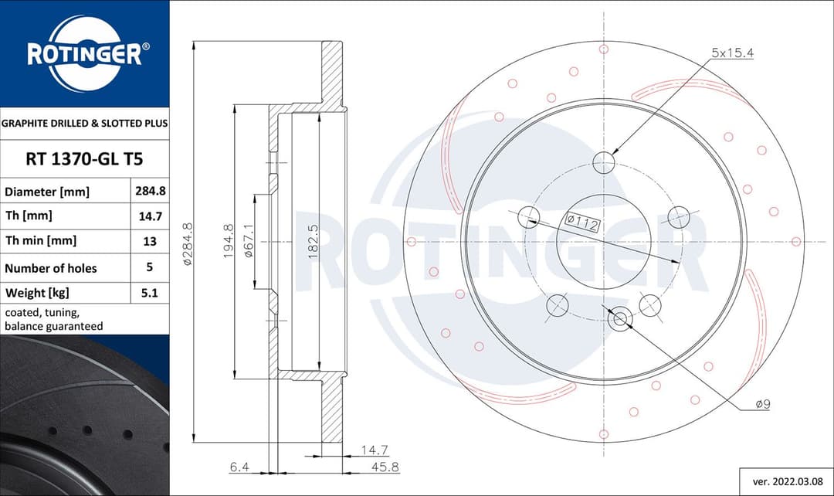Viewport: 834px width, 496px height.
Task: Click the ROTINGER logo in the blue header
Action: tap(84, 54)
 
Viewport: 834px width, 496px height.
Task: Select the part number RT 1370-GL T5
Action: tap(84, 160)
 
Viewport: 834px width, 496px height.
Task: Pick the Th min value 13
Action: tap(149, 241)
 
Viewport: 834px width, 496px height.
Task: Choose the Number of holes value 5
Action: tap(149, 267)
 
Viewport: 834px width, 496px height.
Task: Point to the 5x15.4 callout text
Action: tap(731, 53)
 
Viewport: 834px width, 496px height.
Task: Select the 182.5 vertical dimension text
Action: tap(314, 242)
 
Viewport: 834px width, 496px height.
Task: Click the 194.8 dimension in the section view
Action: tap(228, 242)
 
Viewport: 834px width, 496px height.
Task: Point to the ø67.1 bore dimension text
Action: tap(249, 242)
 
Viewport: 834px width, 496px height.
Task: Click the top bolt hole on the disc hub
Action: tap(604, 162)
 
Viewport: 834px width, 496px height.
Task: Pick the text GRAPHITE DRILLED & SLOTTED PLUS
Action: tap(84, 123)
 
